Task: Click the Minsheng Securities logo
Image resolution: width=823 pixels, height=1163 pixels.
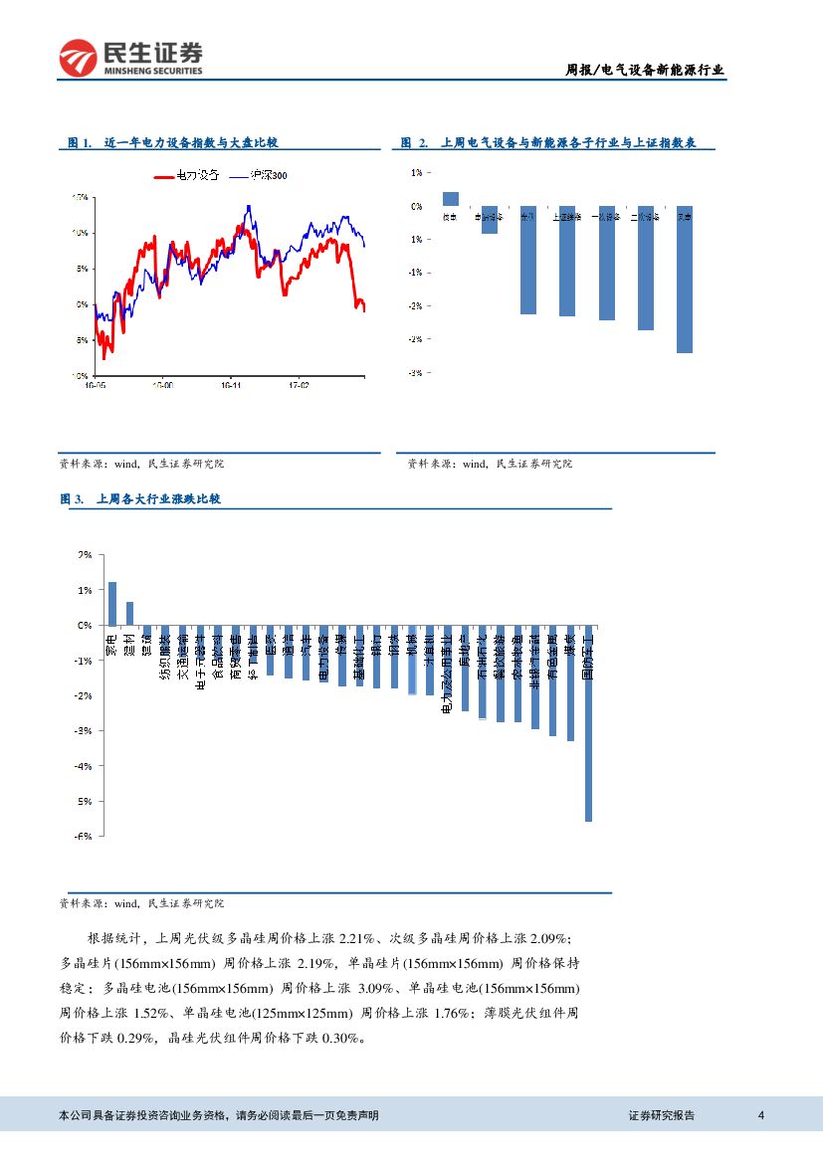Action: pos(130,59)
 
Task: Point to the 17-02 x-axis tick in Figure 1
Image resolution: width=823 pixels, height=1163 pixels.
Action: pos(298,382)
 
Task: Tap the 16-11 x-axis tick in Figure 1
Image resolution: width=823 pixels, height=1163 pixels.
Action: pos(231,382)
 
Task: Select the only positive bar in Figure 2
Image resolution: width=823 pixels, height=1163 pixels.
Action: pos(451,198)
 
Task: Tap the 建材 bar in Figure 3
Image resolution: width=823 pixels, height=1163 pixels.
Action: pos(129,614)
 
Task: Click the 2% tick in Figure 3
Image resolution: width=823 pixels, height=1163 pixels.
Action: pos(85,555)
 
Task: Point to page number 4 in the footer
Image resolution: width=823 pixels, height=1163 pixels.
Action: pos(761,1115)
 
